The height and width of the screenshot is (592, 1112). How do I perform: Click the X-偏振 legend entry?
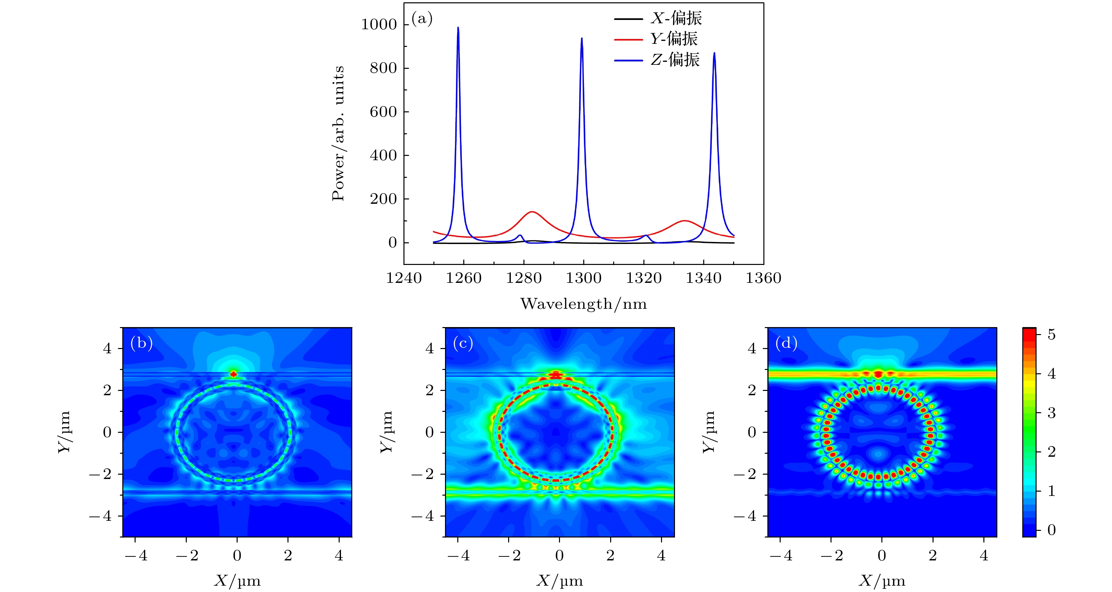[676, 18]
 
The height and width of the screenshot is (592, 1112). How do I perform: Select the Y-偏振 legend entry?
[673, 39]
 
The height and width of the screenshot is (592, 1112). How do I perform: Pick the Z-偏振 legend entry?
[675, 59]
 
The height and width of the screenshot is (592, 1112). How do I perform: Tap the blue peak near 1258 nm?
[458, 29]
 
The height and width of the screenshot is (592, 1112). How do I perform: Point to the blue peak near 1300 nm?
[582, 39]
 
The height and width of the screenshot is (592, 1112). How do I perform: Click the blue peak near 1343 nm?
[714, 54]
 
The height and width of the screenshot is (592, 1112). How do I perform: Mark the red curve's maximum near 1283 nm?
[532, 212]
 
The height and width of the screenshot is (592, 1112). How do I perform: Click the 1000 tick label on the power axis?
[379, 25]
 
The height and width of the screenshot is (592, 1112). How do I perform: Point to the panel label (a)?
[422, 19]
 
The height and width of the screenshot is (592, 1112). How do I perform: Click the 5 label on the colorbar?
[1052, 335]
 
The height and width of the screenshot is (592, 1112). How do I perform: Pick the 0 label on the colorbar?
[1052, 530]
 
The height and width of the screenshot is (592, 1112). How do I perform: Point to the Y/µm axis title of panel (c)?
[387, 432]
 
